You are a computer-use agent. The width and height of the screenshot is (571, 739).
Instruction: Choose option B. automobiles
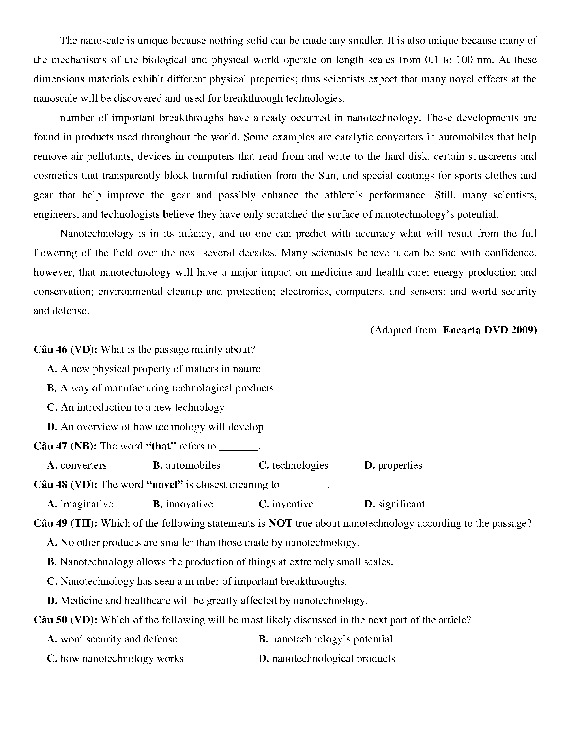pyautogui.click(x=186, y=465)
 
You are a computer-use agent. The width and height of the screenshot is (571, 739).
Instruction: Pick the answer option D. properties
pyautogui.click(x=393, y=465)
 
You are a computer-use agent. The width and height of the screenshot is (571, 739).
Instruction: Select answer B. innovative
pyautogui.click(x=183, y=504)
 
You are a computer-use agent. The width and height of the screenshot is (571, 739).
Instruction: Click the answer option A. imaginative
pyautogui.click(x=80, y=504)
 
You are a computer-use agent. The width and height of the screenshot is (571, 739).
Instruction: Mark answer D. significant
pyautogui.click(x=394, y=504)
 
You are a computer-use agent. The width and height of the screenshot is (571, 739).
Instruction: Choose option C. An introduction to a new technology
pyautogui.click(x=136, y=407)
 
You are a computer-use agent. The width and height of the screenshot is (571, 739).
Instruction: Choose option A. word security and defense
pyautogui.click(x=112, y=639)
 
